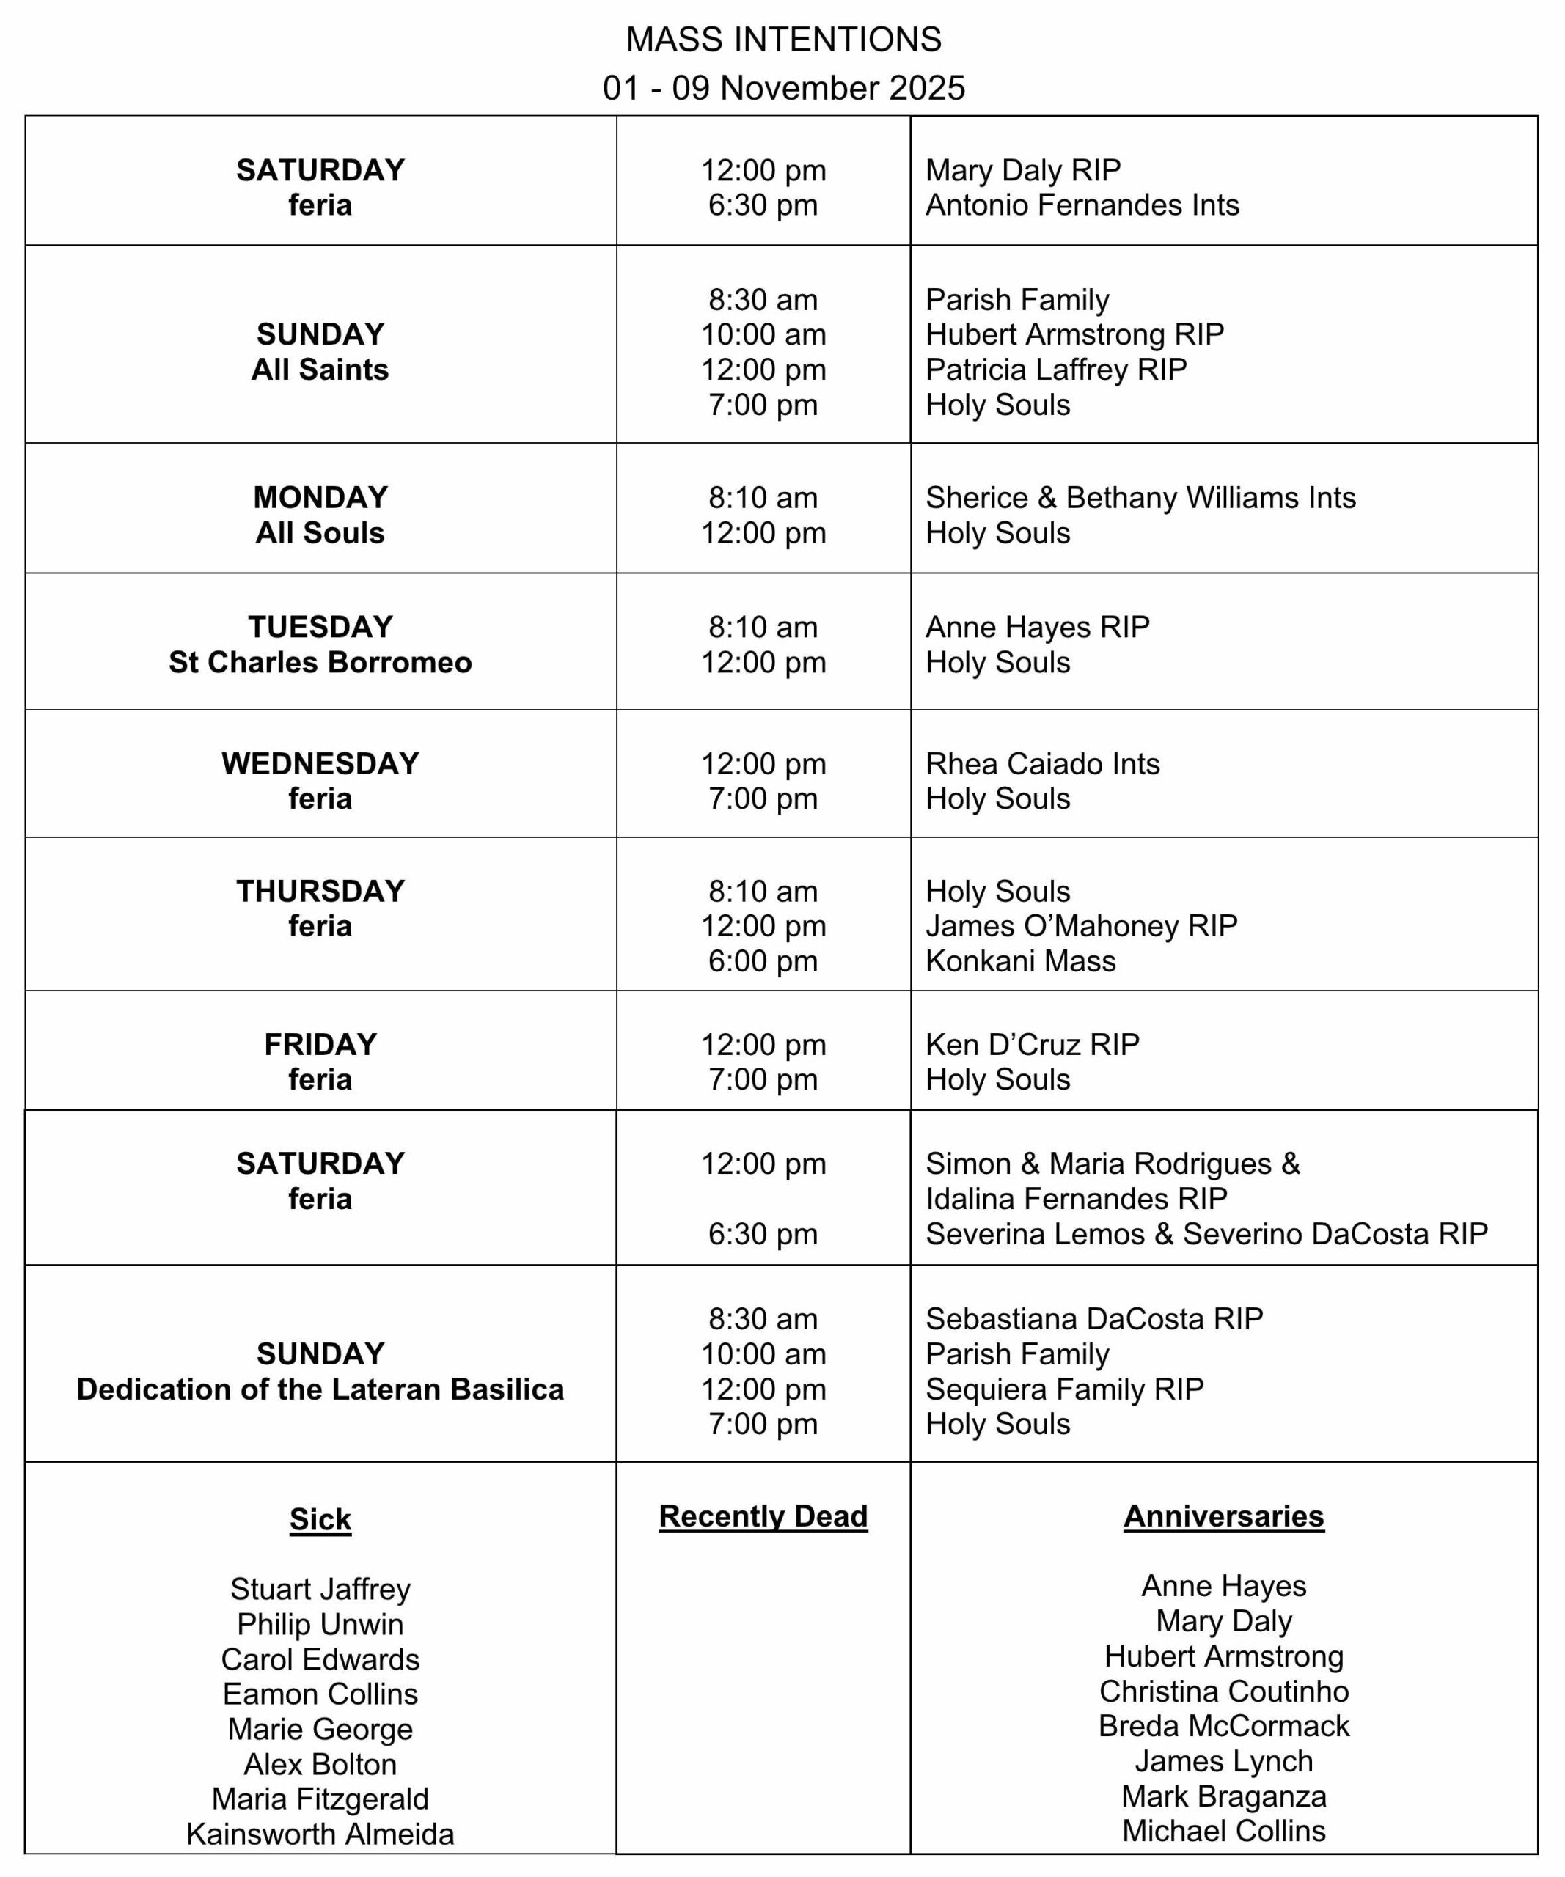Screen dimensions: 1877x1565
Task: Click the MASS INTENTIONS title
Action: pos(783,40)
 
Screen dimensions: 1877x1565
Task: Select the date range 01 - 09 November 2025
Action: pos(783,87)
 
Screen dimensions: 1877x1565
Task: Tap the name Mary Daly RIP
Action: pos(1022,170)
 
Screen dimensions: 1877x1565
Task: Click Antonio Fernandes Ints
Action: pos(1082,205)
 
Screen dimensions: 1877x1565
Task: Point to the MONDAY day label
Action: pos(320,497)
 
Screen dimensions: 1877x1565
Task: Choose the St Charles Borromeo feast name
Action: pos(320,662)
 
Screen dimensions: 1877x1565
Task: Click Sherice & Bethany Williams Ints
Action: pos(1140,497)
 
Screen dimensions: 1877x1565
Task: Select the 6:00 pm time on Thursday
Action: pos(763,960)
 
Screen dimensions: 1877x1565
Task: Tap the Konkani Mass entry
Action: pos(1020,960)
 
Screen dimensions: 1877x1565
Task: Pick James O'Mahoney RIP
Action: pos(1080,926)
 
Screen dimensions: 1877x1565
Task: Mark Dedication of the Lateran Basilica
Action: pos(320,1389)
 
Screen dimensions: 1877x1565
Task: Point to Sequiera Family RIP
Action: pos(1063,1389)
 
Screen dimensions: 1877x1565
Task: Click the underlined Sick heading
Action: pos(320,1519)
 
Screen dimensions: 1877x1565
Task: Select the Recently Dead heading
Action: pos(763,1516)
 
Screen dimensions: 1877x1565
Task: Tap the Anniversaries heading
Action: pos(1223,1516)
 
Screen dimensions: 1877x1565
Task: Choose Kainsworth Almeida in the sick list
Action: pos(320,1834)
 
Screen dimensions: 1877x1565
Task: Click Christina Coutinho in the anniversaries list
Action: pos(1223,1691)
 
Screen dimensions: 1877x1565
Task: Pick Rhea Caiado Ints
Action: pos(1041,763)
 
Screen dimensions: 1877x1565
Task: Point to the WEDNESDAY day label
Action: pos(320,763)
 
